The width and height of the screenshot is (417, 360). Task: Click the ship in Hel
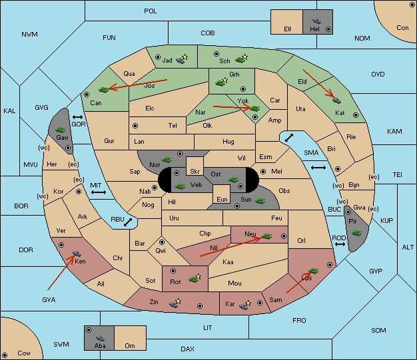point(316,21)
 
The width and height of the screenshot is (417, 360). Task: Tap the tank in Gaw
point(61,130)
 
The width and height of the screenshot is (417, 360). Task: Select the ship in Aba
point(101,338)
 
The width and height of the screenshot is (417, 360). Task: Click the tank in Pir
point(356,233)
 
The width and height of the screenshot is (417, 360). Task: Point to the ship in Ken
point(77,253)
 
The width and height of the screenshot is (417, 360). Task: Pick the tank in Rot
point(193,279)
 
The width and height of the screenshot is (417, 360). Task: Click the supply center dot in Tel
point(135,126)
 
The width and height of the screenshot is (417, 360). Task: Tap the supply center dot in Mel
point(263,172)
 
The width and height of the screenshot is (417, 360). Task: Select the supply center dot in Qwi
point(162,242)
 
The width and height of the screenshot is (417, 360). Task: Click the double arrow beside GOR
point(78,117)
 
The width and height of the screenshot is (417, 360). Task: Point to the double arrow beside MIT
point(99,192)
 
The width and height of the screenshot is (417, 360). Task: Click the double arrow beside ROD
point(340,244)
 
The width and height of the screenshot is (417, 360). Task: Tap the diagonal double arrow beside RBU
point(128,222)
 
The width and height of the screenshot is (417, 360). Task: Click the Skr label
point(195,172)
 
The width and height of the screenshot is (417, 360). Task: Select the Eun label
point(222,199)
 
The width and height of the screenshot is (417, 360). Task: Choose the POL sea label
point(151,11)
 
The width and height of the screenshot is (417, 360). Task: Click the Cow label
point(24,353)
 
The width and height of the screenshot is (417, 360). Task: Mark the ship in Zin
point(173,304)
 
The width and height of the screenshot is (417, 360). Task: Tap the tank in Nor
point(167,160)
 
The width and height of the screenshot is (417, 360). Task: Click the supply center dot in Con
point(412,5)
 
